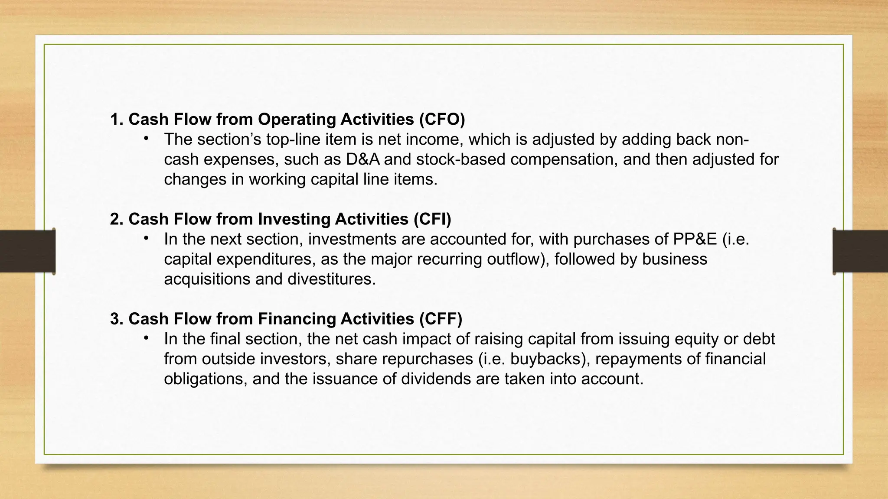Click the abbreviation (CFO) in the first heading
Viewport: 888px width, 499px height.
click(x=442, y=120)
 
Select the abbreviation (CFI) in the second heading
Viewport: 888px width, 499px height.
click(x=432, y=219)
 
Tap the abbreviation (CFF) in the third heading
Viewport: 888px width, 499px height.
click(x=441, y=319)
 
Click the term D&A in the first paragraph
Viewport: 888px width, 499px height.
click(x=362, y=159)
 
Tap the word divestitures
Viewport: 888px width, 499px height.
click(x=331, y=279)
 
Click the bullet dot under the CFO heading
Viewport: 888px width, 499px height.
click(x=147, y=139)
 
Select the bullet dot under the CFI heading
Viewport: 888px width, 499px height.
click(x=147, y=238)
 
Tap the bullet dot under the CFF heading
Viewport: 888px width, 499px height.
click(x=147, y=338)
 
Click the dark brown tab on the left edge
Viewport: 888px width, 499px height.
click(x=27, y=251)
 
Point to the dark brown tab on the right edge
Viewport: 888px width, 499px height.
click(x=861, y=251)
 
